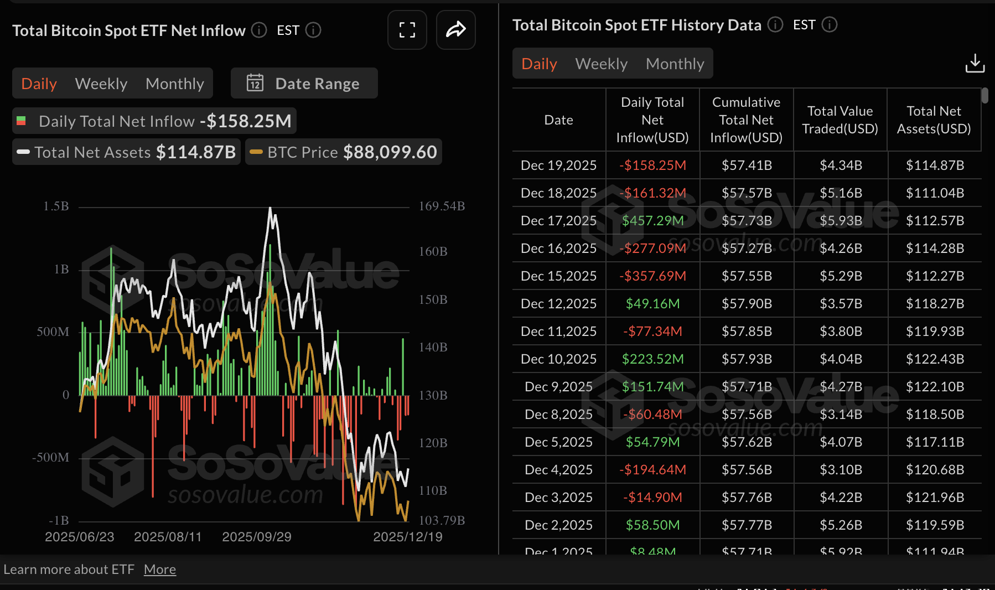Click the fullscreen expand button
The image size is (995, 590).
[x=407, y=30]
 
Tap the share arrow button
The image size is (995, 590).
[x=455, y=30]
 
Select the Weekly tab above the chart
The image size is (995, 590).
[x=101, y=84]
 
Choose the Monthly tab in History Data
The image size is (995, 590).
[x=675, y=64]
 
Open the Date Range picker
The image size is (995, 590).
[x=304, y=84]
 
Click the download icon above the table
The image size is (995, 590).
[x=975, y=63]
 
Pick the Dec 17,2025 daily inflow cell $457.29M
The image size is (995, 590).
[x=652, y=221]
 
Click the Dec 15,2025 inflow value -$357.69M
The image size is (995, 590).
[x=652, y=276]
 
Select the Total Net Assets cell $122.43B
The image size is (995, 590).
[x=935, y=359]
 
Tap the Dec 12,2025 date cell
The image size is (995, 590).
[x=558, y=304]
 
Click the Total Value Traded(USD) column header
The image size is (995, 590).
[x=840, y=120]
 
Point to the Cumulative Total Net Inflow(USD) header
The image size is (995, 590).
[x=746, y=120]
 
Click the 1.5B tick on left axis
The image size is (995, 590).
[x=56, y=206]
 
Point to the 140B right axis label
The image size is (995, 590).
[x=433, y=347]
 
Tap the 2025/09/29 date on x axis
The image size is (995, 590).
[x=256, y=537]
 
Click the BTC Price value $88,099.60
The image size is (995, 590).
[x=390, y=152]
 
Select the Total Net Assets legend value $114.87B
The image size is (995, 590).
[x=196, y=152]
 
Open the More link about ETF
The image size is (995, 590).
[x=160, y=570]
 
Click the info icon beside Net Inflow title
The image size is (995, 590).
[x=259, y=30]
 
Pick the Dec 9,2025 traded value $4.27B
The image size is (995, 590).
[x=841, y=387]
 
